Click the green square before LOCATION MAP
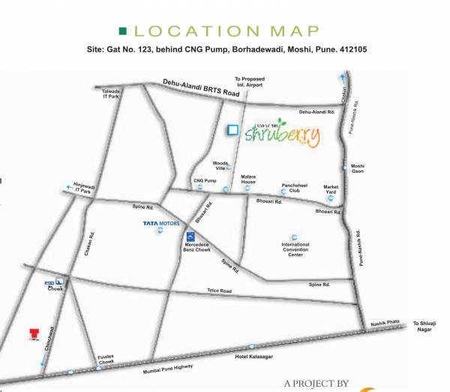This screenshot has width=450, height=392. (123, 31)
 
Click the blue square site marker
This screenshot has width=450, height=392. (232, 129)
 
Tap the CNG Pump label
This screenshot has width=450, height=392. (205, 181)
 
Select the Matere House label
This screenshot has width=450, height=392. (248, 180)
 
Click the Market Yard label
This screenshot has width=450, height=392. (331, 188)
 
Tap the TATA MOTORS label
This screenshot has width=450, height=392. (159, 223)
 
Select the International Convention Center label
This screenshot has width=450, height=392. (295, 249)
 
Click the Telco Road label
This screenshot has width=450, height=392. (220, 291)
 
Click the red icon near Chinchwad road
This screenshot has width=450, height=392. (32, 333)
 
